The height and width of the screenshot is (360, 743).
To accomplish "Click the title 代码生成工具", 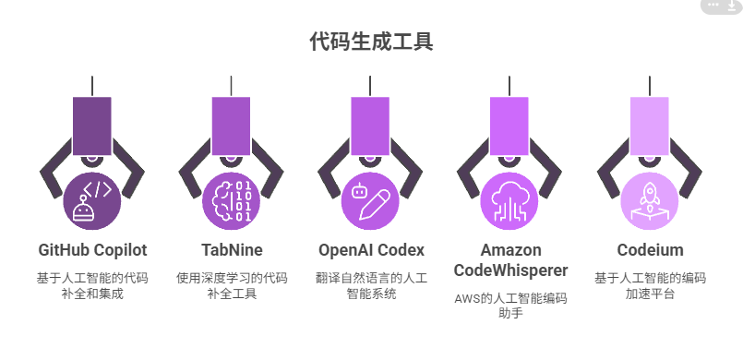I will click(371, 42).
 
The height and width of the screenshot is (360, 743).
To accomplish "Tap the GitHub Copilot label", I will click(92, 250).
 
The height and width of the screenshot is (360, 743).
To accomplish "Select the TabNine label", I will click(232, 250).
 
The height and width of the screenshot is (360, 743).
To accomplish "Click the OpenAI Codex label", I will click(371, 250).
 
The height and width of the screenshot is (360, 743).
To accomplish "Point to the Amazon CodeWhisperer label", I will click(510, 260).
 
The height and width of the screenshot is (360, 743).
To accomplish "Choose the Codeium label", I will click(650, 250).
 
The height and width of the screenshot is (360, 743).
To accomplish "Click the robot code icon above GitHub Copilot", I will click(92, 200).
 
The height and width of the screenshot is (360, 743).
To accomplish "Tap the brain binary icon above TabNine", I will click(232, 200).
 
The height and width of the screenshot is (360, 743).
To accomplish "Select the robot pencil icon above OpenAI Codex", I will click(371, 200).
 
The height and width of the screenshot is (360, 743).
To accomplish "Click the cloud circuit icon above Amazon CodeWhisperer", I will click(510, 200).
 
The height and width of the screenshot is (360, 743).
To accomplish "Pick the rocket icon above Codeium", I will click(650, 200).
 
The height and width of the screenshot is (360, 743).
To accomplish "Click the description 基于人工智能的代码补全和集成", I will click(92, 285).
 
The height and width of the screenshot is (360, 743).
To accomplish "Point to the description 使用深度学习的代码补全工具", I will click(232, 285).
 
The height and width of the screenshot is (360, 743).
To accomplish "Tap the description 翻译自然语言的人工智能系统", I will click(371, 285).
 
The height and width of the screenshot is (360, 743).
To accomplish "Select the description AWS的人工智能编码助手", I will click(510, 306).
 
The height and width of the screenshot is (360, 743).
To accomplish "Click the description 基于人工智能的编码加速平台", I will click(650, 285).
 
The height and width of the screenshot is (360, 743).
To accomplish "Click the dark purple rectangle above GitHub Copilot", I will click(92, 125).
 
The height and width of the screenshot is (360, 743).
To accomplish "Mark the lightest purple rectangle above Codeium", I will click(650, 125).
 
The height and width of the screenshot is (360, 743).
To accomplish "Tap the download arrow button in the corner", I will click(732, 6).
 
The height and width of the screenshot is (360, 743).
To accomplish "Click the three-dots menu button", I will click(713, 5).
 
